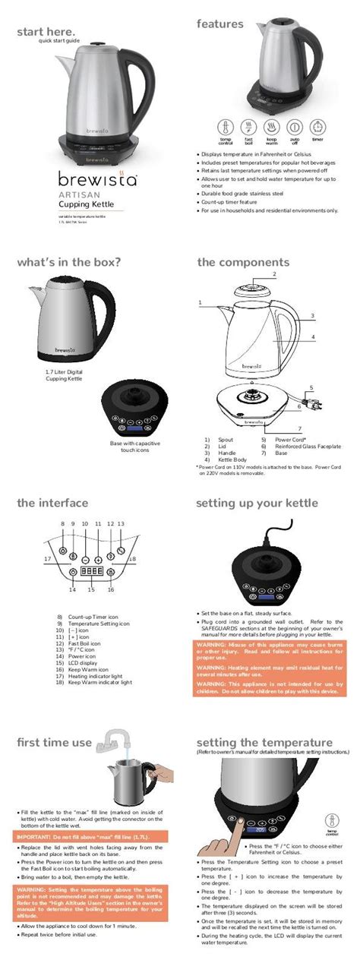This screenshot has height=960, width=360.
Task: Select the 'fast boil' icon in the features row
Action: click(x=248, y=126)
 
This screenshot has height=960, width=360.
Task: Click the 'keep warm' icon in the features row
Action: click(x=271, y=126)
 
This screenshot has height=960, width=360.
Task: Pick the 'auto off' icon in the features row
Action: click(x=295, y=126)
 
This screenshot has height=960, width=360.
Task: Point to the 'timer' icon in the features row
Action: click(x=317, y=126)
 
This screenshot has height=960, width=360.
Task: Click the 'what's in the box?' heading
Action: click(x=69, y=263)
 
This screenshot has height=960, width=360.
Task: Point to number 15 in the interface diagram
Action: click(x=91, y=589)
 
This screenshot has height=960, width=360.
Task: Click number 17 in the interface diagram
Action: click(x=47, y=559)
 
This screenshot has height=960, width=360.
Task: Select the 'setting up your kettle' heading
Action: click(x=257, y=503)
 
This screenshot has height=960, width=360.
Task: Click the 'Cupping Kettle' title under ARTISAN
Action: click(x=90, y=204)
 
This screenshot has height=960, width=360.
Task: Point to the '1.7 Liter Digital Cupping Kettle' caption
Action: click(x=65, y=374)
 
